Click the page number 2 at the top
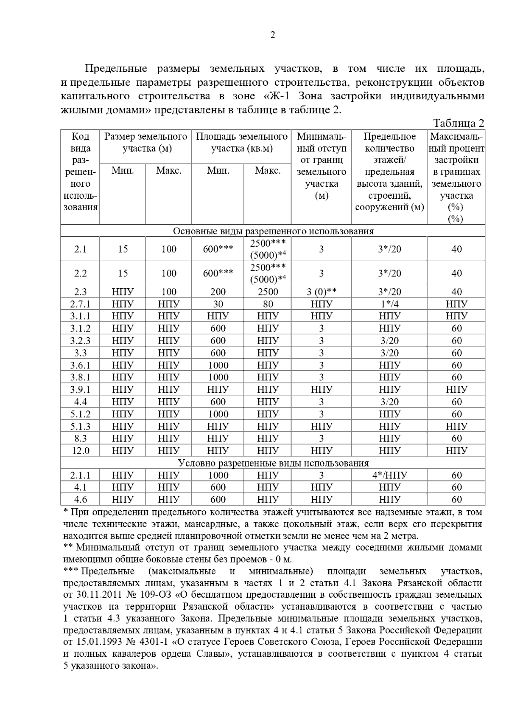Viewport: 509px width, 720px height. coord(273,35)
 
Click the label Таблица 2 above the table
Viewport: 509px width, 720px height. coord(459,123)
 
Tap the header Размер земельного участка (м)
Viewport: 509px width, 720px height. coord(145,143)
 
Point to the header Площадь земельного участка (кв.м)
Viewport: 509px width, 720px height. coord(241,143)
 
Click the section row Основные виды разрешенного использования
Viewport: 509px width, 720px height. coord(273,231)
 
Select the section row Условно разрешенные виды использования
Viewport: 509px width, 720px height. coord(273,463)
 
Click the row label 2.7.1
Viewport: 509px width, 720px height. coord(80,304)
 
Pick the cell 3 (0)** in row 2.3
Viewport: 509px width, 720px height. coord(322,292)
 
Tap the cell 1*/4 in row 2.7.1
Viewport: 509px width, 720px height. coord(389,304)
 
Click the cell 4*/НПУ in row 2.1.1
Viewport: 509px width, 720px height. coord(389,475)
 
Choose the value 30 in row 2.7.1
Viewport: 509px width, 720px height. coord(218,304)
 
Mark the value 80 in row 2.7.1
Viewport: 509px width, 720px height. coord(268,304)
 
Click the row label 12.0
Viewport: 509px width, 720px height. coord(80,450)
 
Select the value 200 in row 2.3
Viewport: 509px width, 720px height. coord(218,292)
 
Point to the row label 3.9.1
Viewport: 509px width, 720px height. coord(80,389)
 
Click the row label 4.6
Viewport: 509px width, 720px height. coord(80,499)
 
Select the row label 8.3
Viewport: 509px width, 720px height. coord(80,439)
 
